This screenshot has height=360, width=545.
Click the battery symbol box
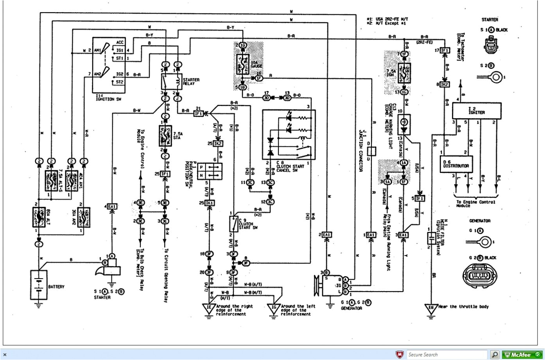coord(39,284)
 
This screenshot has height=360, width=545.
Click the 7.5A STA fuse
coord(165,136)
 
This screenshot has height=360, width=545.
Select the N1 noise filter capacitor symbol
coord(430,238)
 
